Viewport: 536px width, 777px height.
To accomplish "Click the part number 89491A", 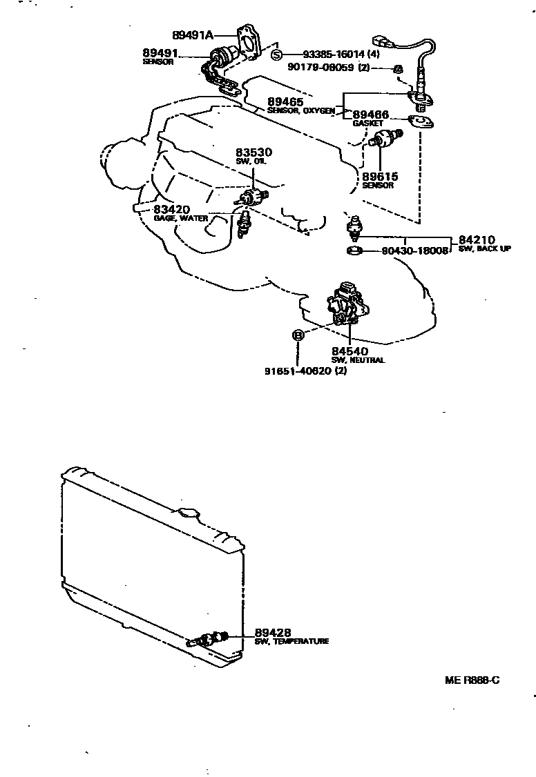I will click(x=193, y=35).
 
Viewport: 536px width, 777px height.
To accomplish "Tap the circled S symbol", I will click(x=276, y=55).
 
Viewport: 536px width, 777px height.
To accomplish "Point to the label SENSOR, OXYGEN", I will click(x=301, y=110).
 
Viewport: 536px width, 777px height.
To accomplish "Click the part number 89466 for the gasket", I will click(x=371, y=115).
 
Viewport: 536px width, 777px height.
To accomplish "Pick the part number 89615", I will click(x=380, y=177).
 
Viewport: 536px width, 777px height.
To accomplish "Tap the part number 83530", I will click(x=253, y=153).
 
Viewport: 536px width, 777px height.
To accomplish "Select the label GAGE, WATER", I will click(x=180, y=219).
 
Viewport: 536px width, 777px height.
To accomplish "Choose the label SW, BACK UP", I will click(x=484, y=248).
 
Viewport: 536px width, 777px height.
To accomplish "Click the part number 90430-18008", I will click(x=414, y=251).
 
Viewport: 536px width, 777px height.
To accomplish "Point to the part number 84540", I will click(x=350, y=351).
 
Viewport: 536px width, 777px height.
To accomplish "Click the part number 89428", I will click(x=273, y=632).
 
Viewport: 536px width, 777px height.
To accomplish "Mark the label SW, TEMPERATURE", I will click(x=291, y=641).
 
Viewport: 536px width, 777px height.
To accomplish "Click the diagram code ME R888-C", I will click(x=472, y=680).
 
